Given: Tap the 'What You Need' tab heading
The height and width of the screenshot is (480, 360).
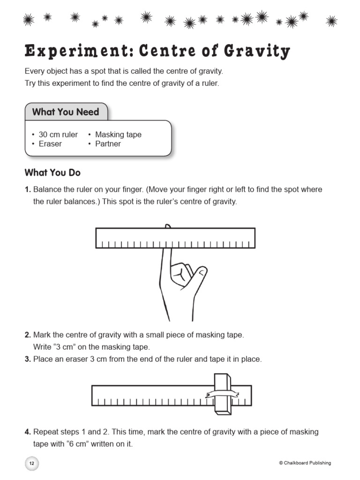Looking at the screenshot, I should pos(66,112).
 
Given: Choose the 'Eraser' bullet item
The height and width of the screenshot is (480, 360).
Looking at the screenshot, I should pos(50,144).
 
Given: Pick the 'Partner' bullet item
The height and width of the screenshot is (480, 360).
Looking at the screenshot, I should pos(108,144).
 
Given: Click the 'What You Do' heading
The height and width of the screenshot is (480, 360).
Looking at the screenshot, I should pos(52,172).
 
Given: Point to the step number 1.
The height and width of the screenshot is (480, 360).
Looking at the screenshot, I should pos(28,190).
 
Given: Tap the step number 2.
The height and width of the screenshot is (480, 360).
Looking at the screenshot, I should pos(28,335).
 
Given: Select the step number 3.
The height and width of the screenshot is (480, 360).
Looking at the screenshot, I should pos(28,360).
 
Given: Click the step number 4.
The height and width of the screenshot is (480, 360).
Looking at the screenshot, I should pos(28,432).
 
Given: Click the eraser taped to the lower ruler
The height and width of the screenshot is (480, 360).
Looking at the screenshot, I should pos(223,394).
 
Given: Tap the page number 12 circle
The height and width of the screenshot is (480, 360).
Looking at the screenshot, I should pos(31,463).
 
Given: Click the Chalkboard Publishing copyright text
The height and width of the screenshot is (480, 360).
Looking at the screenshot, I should pos(305,463).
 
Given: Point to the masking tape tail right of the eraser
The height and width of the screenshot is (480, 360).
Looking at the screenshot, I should pos(234,393).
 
